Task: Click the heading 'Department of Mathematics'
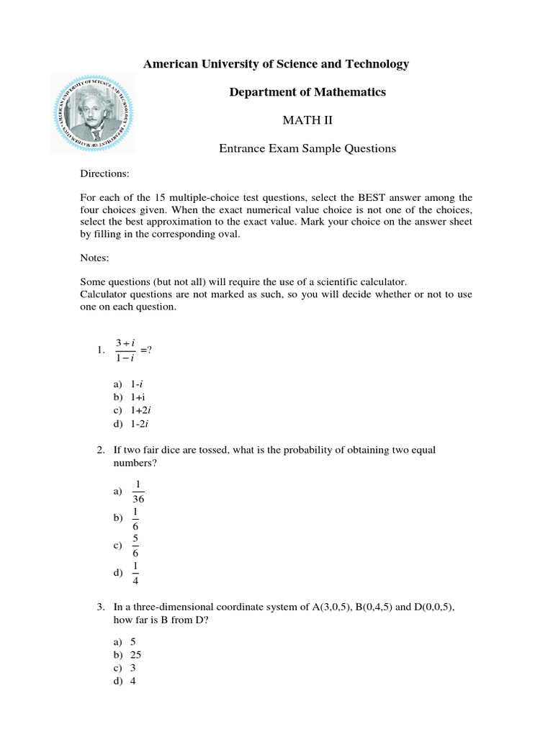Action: pos(307,92)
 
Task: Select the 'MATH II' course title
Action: pos(307,120)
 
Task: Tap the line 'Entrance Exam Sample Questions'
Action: pos(307,148)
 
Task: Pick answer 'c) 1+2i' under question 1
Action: pos(134,410)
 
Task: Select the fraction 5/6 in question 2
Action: pos(135,546)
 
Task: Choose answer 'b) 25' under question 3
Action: pos(130,655)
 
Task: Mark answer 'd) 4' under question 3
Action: pos(127,681)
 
